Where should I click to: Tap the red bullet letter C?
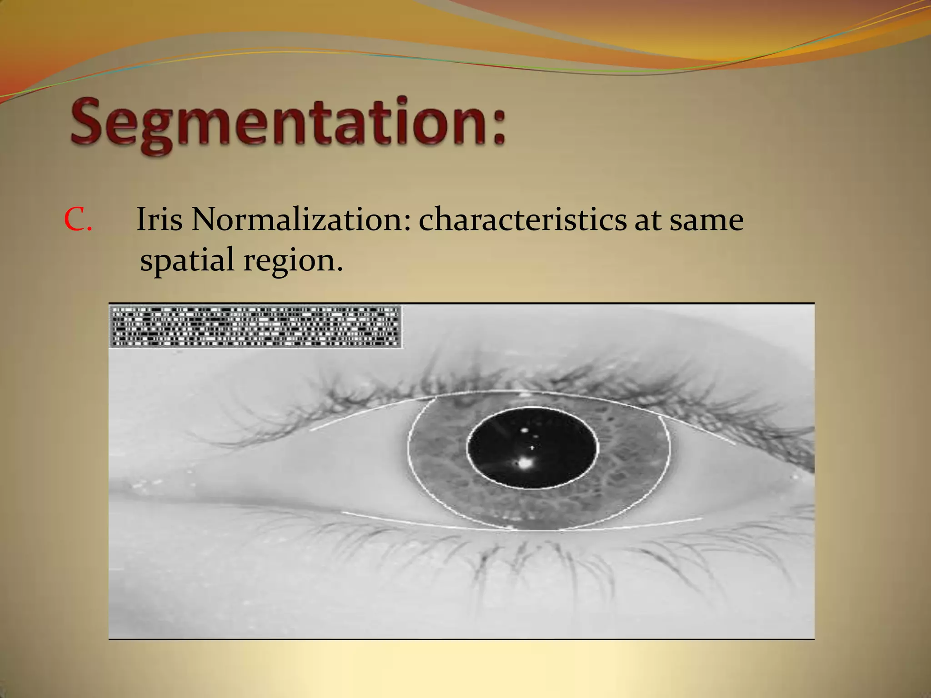[78, 220]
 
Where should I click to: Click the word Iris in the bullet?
[159, 220]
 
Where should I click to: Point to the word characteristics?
[523, 220]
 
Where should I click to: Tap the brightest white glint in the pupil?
[525, 464]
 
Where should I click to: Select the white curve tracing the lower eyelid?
[409, 523]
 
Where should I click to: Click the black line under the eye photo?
[461, 639]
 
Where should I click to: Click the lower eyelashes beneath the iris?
[523, 559]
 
